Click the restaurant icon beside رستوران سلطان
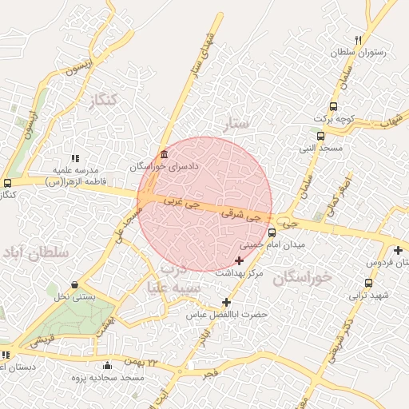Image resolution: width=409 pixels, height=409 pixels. click(358, 40)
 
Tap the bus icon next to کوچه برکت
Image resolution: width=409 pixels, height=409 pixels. click(332, 106)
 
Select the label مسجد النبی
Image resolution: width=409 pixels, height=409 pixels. click(320, 149)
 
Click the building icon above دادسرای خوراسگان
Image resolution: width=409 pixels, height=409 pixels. click(164, 154)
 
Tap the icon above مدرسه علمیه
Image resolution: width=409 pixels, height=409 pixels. click(75, 158)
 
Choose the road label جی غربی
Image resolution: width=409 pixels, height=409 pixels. click(181, 204)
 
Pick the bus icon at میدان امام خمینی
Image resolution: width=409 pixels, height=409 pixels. click(272, 232)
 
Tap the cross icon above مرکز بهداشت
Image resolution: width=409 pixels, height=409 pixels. click(239, 260)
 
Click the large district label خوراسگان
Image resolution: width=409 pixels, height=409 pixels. click(302, 277)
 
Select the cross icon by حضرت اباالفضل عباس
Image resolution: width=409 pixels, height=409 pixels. click(226, 302)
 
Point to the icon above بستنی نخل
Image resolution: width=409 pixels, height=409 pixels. click(74, 284)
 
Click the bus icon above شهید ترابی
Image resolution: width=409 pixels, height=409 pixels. click(368, 282)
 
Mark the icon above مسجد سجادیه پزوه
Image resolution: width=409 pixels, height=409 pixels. click(107, 365)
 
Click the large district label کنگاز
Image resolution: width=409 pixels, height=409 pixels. click(104, 100)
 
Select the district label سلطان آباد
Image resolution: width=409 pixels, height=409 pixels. click(36, 252)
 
